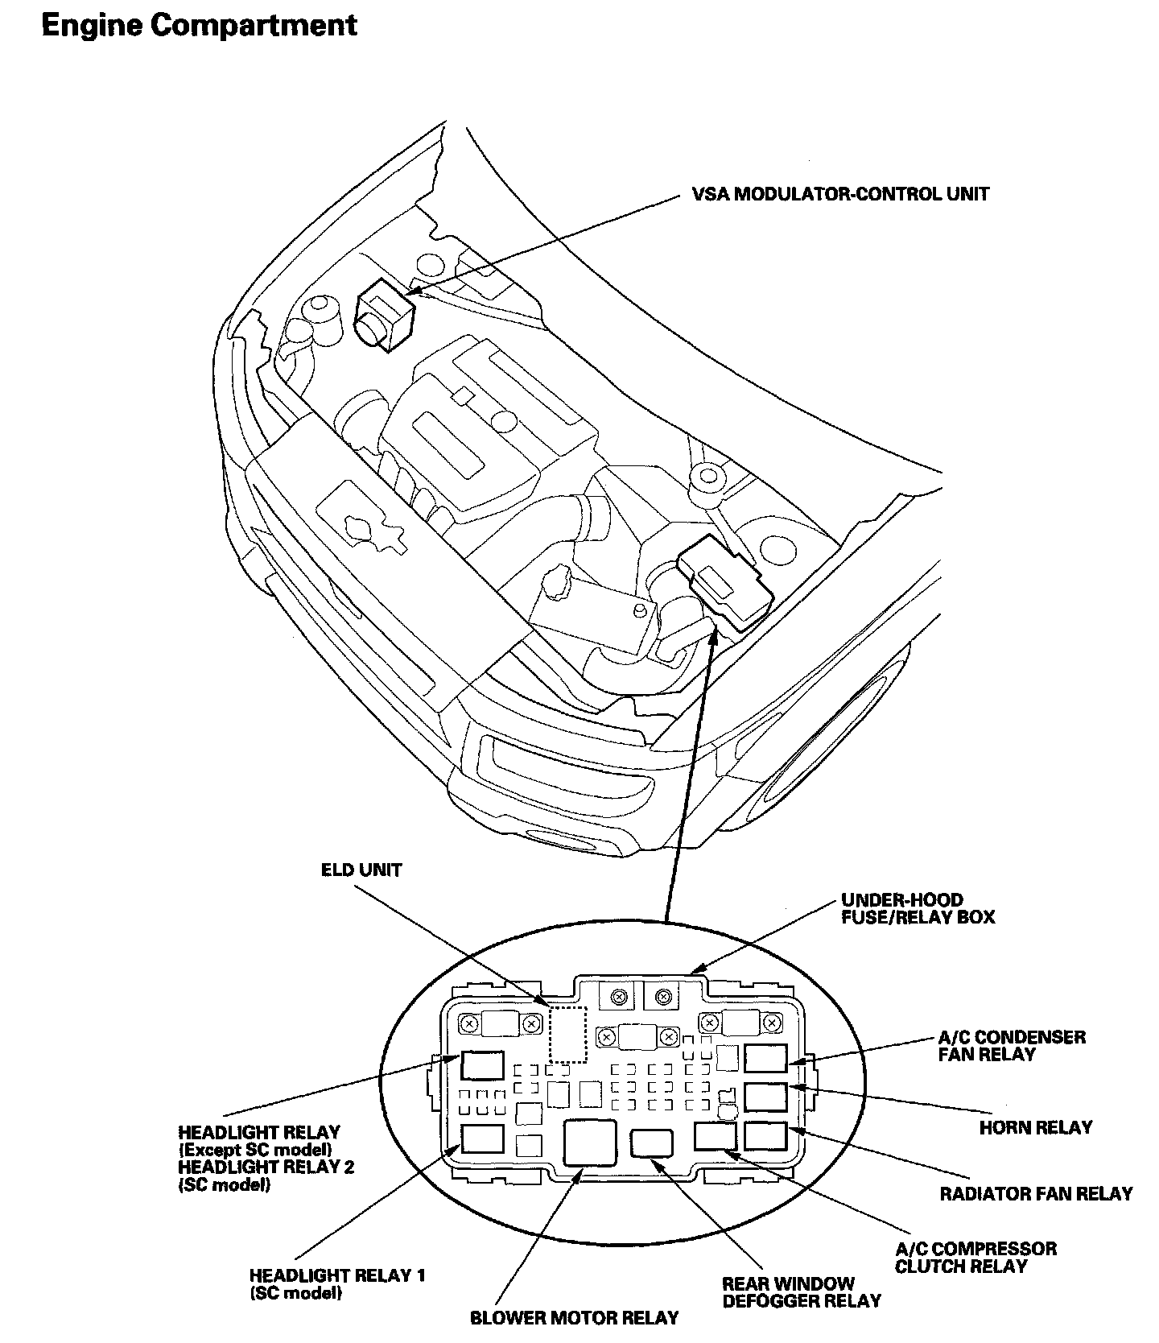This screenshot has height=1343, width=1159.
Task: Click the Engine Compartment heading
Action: pyautogui.click(x=199, y=26)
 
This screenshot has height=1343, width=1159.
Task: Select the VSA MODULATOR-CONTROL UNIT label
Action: pyautogui.click(x=840, y=194)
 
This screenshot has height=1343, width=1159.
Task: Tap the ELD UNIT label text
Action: pyautogui.click(x=361, y=870)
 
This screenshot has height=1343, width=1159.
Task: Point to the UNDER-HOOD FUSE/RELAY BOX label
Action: pyautogui.click(x=918, y=908)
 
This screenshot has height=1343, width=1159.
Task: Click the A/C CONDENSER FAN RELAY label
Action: pyautogui.click(x=1012, y=1045)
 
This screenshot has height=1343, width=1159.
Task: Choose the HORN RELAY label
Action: pyautogui.click(x=1035, y=1127)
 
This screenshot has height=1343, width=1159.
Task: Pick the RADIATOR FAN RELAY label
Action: pyautogui.click(x=1036, y=1193)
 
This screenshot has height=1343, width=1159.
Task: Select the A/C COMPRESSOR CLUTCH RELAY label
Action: pyautogui.click(x=975, y=1257)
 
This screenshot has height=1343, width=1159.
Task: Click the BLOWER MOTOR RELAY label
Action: pyautogui.click(x=574, y=1318)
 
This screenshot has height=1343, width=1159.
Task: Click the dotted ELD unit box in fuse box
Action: pyautogui.click(x=567, y=1034)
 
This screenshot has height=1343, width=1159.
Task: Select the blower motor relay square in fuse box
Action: pyautogui.click(x=591, y=1142)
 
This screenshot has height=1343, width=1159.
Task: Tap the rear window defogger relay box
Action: pyautogui.click(x=652, y=1143)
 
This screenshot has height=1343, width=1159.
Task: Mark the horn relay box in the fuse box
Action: pyautogui.click(x=765, y=1097)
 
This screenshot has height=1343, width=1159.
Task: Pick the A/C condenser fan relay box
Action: pyautogui.click(x=765, y=1058)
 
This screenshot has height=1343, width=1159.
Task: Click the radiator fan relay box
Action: pyautogui.click(x=765, y=1136)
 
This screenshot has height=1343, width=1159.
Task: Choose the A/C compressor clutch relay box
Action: pyautogui.click(x=716, y=1136)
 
